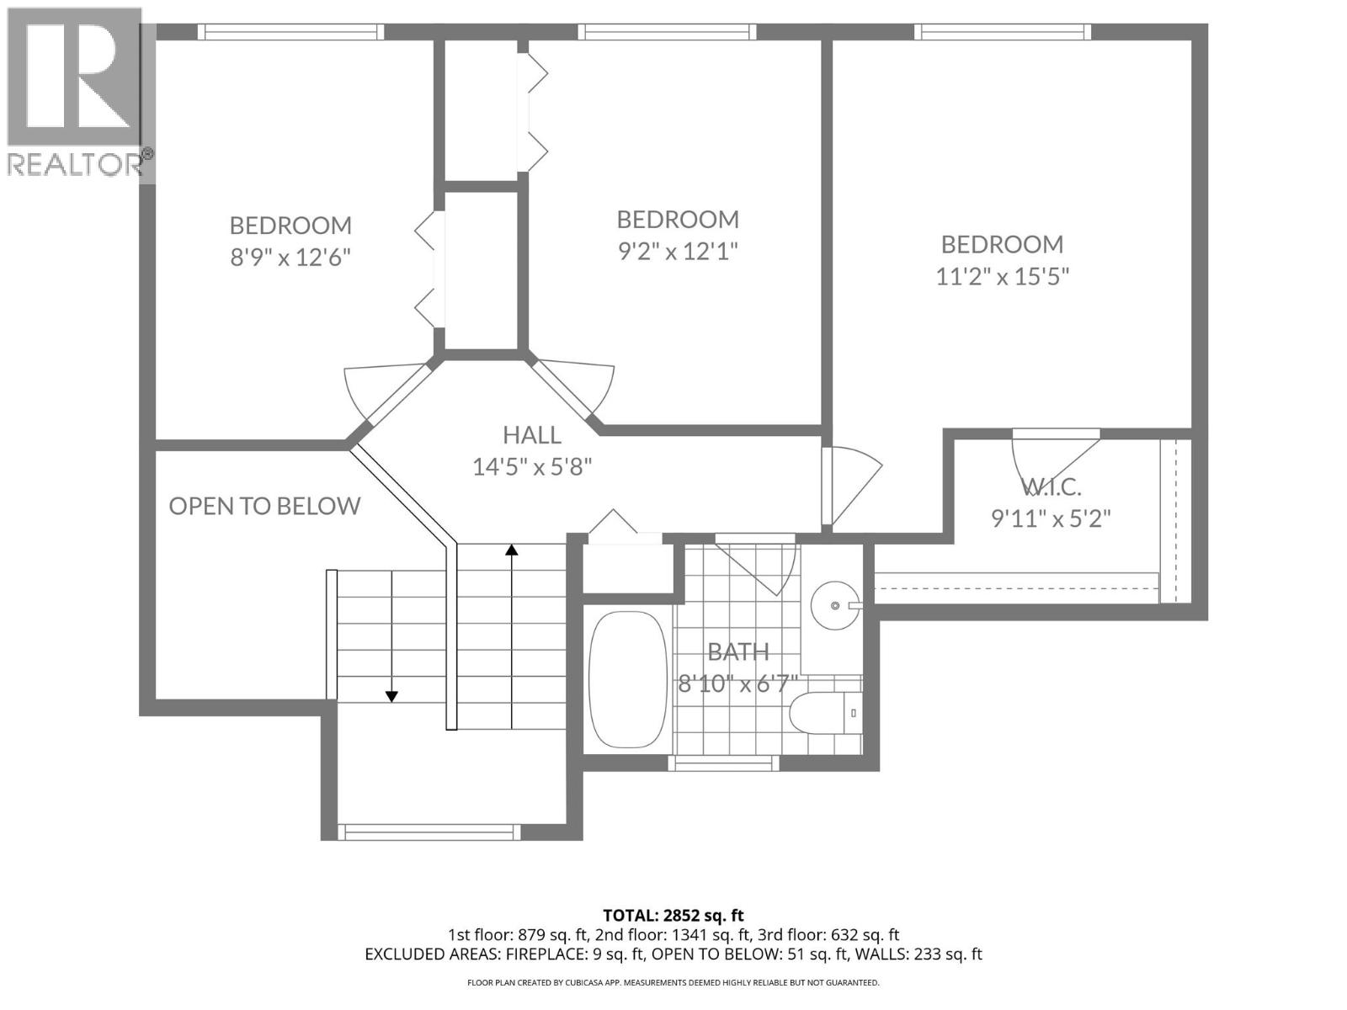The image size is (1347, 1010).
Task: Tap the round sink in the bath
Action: pos(835,605)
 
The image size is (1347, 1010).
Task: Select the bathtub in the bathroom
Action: pos(627,680)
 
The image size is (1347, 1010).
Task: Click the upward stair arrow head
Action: pos(511,550)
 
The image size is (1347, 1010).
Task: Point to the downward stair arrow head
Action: pos(391,696)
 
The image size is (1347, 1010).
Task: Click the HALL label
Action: pos(532,435)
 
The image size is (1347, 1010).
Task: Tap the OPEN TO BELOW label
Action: pos(264,506)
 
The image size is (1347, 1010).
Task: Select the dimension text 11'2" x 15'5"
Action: pos(1002,276)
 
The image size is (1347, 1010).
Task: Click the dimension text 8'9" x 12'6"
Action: pos(290,257)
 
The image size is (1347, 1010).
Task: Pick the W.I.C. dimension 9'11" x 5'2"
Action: pos(1051,518)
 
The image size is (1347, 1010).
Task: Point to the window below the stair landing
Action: pos(429,832)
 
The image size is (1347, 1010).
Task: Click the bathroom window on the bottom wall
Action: pos(722,763)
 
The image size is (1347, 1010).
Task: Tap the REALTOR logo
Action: pos(76,93)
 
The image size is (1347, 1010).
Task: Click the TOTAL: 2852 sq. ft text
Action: pos(673,915)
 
